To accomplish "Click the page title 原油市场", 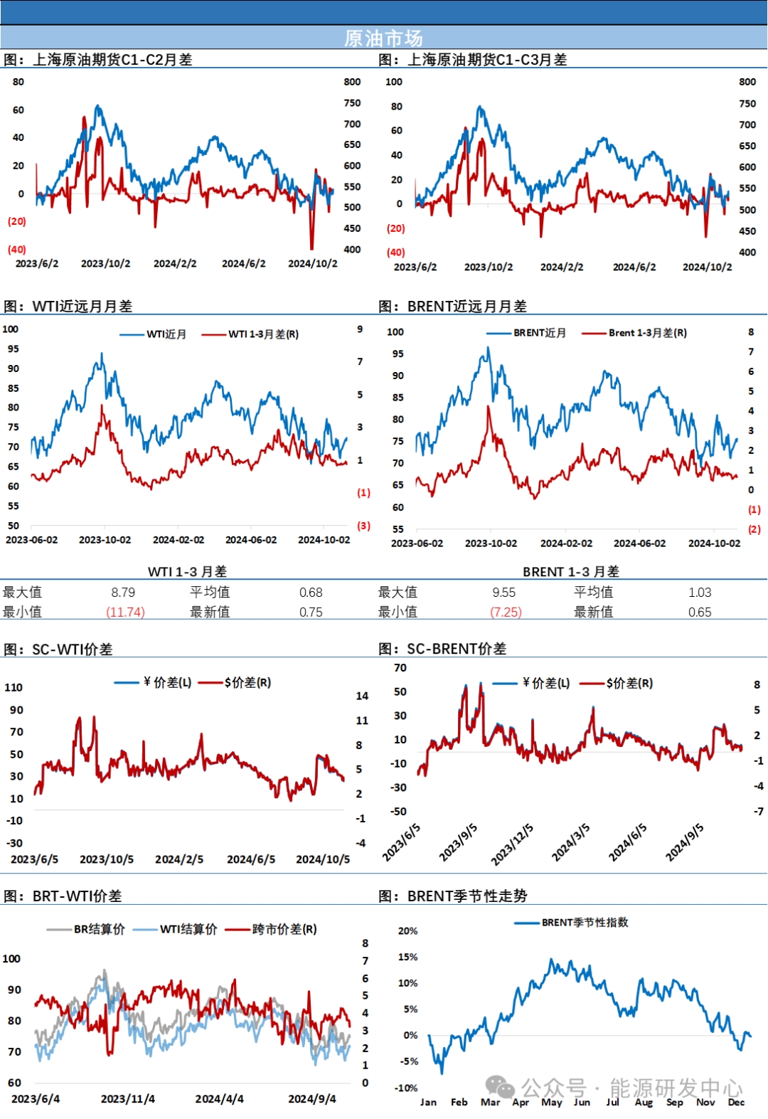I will (383, 38).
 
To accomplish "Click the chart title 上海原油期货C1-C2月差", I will (112, 60).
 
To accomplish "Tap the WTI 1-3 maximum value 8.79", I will (123, 593).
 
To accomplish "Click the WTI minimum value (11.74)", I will (125, 612).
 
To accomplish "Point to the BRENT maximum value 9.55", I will (504, 593).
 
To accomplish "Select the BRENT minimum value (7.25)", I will (506, 612).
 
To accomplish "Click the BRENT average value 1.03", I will (700, 593).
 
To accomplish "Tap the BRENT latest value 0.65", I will (700, 612).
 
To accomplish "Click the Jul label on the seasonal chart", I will (612, 1102).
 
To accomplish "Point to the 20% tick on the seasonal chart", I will (407, 931).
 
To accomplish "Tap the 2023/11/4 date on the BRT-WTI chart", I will (128, 1099).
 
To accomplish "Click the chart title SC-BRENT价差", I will (457, 649).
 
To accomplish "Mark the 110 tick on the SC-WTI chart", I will (14, 688).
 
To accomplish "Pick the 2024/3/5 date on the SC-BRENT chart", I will (571, 842).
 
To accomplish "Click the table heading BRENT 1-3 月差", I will (571, 572).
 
